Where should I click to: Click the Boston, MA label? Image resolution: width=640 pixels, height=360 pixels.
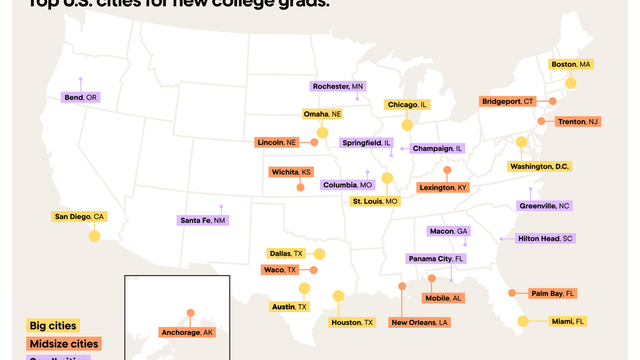572,64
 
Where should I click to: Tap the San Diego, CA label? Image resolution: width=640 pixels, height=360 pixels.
79,216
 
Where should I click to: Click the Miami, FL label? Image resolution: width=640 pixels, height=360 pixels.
567,321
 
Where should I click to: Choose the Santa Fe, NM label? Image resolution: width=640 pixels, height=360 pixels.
203,220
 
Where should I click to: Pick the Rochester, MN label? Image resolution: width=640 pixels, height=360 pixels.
338,87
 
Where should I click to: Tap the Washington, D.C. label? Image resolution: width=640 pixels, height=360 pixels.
533,166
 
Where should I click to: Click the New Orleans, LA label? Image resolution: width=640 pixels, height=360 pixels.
420,322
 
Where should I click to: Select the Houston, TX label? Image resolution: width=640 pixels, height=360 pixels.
352,322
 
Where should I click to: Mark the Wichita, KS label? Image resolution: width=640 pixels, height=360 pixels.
292,172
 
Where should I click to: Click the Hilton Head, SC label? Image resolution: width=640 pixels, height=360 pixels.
545,239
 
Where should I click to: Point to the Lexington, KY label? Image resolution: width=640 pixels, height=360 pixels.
443,187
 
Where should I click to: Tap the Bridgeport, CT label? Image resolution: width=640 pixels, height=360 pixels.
508,101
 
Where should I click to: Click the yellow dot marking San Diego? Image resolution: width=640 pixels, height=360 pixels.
94,236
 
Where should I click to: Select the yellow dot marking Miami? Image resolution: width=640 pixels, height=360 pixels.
522,321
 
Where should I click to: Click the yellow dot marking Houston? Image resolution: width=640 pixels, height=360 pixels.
338,296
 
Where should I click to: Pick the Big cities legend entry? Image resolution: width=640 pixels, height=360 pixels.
52,325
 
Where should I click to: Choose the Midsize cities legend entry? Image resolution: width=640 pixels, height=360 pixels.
63,342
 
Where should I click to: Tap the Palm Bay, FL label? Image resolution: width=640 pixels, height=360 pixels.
553,294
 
